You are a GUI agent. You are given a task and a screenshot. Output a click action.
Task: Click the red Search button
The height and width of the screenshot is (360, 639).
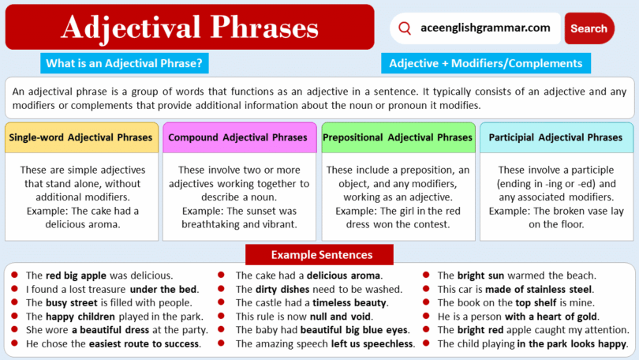pyautogui.click(x=589, y=28)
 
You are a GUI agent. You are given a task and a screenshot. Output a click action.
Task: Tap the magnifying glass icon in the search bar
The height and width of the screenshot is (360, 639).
pyautogui.click(x=405, y=28)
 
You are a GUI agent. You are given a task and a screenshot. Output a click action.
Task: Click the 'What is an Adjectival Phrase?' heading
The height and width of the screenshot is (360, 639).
pyautogui.click(x=125, y=63)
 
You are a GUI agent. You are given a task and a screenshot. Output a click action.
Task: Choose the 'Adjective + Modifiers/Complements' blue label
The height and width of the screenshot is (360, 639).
pyautogui.click(x=486, y=63)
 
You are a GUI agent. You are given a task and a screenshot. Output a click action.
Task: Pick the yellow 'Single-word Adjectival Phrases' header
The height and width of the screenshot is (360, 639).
pyautogui.click(x=80, y=137)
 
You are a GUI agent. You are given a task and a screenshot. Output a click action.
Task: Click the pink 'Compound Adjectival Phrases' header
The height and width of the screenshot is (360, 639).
pyautogui.click(x=238, y=137)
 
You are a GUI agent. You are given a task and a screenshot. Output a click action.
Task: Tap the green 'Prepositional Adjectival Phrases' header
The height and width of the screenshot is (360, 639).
pyautogui.click(x=398, y=137)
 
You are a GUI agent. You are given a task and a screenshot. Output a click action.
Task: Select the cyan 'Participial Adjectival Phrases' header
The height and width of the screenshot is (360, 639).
pyautogui.click(x=555, y=137)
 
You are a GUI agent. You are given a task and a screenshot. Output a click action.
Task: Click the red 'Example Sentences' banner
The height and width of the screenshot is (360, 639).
pyautogui.click(x=319, y=255)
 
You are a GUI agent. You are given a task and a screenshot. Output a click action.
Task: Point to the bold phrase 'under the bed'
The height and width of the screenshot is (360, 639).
pyautogui.click(x=164, y=289)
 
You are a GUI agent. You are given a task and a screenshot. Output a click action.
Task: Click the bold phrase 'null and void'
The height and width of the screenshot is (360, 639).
pyautogui.click(x=341, y=317)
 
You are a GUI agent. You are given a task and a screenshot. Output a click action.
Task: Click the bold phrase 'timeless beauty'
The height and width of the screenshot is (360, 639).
pyautogui.click(x=349, y=303)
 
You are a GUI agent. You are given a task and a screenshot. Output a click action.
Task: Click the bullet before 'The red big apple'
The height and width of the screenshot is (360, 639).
pyautogui.click(x=14, y=276)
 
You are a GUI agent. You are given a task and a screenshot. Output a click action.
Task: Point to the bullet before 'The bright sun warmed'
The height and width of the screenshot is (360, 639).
pyautogui.click(x=426, y=276)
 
